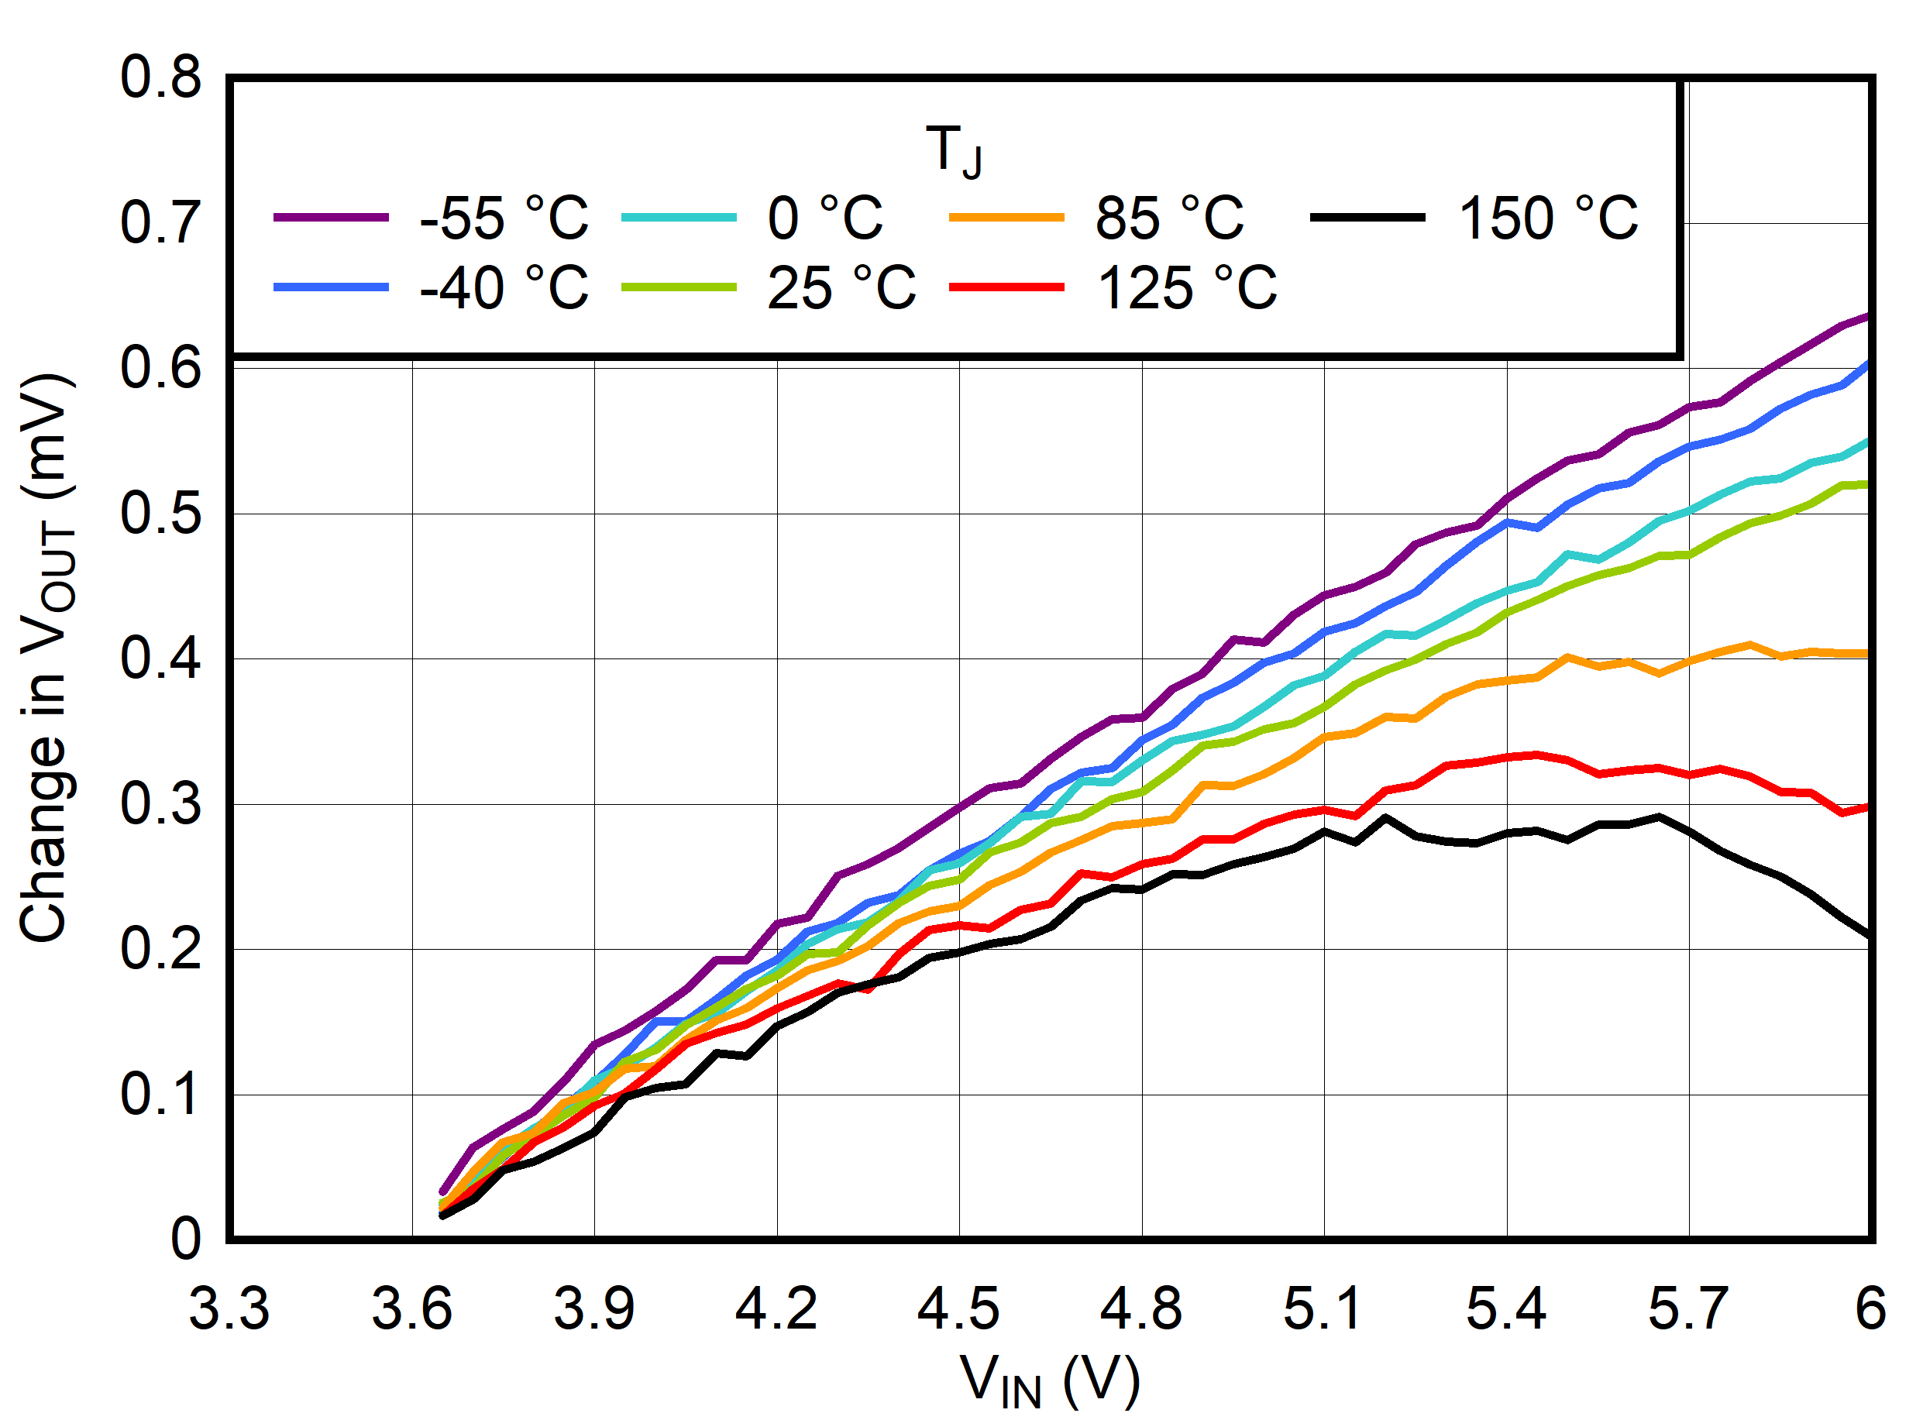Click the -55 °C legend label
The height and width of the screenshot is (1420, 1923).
[504, 218]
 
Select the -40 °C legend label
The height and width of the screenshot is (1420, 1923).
[504, 288]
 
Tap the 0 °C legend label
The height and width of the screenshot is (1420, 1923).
[825, 218]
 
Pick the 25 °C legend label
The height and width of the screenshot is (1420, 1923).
[841, 288]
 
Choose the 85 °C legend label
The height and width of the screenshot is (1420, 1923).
[1169, 218]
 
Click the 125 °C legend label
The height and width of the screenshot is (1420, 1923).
[1187, 288]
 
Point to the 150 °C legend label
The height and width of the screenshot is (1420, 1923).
[1548, 218]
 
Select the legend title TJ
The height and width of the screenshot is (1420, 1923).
[955, 150]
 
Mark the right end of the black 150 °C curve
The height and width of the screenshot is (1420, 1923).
[1869, 936]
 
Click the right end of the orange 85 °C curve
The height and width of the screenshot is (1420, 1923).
[1869, 654]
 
